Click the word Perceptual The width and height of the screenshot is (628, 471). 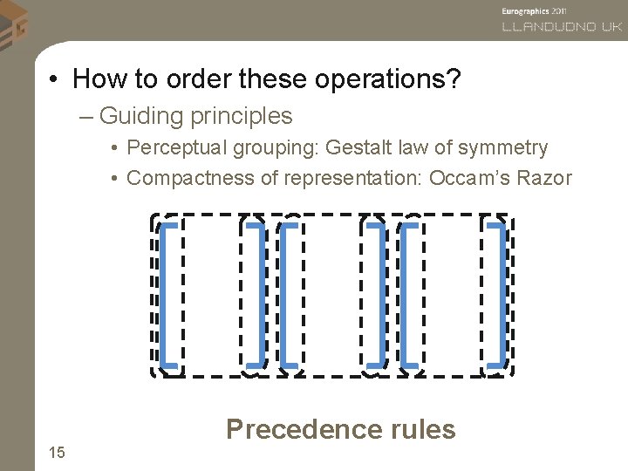[178, 148]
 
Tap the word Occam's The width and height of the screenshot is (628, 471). [469, 179]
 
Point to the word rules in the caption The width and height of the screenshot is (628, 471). [420, 429]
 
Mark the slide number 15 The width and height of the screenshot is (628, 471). [57, 452]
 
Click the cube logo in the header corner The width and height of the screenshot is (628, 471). [15, 23]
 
